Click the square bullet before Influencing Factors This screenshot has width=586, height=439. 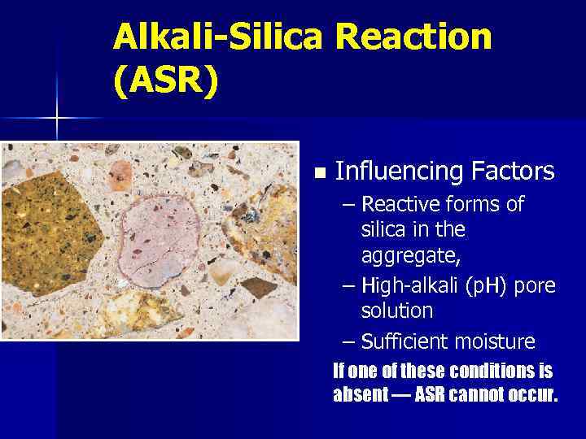(x=319, y=173)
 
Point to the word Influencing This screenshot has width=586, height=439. (x=398, y=172)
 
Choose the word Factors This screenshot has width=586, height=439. (x=512, y=172)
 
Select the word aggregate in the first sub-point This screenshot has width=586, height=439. (x=412, y=257)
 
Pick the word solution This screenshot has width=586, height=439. (x=397, y=311)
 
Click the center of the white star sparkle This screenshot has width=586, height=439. (x=57, y=119)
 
